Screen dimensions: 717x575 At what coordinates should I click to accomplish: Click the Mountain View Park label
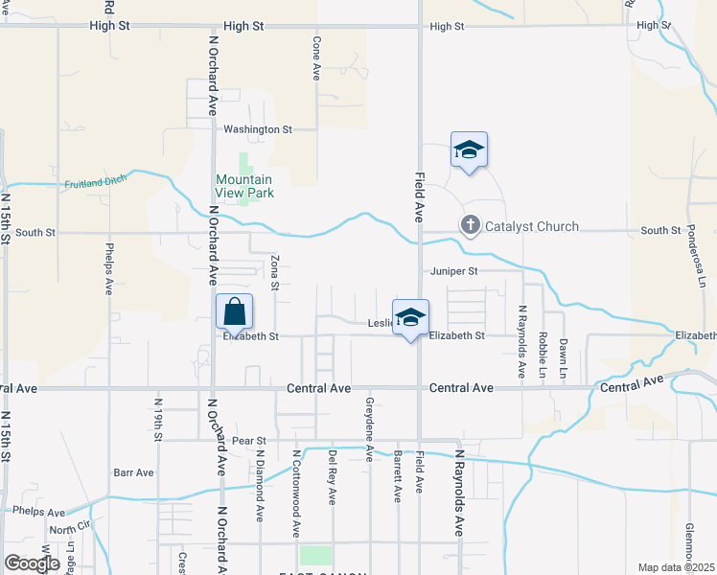[x=243, y=186]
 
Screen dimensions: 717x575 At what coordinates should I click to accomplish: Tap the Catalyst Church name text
[x=531, y=227]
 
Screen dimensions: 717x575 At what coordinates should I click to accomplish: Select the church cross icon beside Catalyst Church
[x=470, y=226]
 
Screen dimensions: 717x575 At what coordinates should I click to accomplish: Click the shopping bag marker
[x=235, y=311]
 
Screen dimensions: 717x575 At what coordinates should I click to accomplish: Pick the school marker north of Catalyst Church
[x=469, y=150]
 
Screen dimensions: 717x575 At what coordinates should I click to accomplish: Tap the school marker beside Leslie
[x=410, y=318]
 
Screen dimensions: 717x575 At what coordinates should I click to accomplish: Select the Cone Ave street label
[x=315, y=58]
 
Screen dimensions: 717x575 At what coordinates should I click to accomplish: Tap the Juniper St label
[x=453, y=271]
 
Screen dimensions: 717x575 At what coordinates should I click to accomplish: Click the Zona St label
[x=274, y=272]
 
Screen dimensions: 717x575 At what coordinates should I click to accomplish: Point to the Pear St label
[x=247, y=440]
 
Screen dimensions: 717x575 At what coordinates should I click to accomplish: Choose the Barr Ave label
[x=133, y=472]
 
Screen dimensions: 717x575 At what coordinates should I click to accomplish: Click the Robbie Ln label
[x=544, y=354]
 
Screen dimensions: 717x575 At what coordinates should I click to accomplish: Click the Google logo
[x=33, y=563]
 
